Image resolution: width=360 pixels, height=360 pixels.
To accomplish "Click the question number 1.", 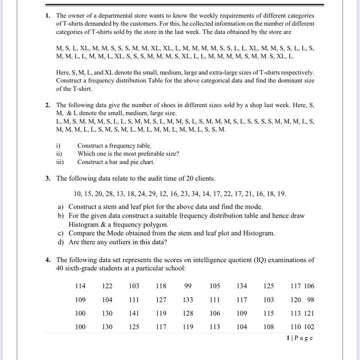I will click(48, 15).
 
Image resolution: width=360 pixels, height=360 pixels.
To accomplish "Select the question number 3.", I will click(48, 178).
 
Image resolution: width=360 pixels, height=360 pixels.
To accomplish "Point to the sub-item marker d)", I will click(61, 242).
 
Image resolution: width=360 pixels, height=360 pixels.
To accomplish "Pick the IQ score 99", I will click(188, 286).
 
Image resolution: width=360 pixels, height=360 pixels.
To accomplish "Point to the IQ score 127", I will click(161, 300).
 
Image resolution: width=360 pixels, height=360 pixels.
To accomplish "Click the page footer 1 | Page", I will click(299, 338).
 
